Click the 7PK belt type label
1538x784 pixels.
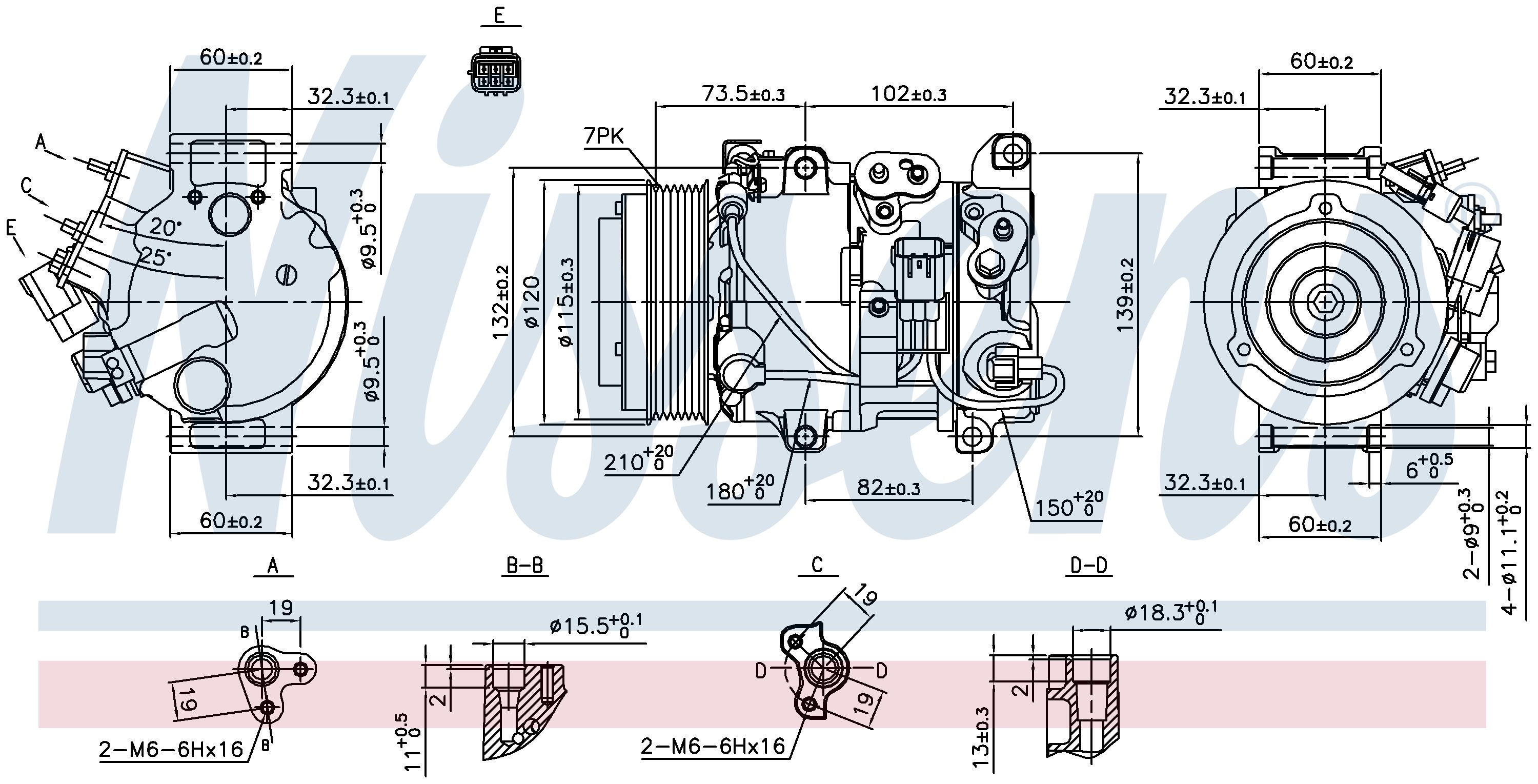pyautogui.click(x=603, y=137)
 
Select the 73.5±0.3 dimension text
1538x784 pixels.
pyautogui.click(x=743, y=94)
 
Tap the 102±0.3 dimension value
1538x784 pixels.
pyautogui.click(x=908, y=94)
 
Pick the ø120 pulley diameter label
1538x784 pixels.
pyautogui.click(x=531, y=301)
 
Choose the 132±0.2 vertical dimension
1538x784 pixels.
pyautogui.click(x=500, y=301)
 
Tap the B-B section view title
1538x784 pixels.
pyautogui.click(x=524, y=565)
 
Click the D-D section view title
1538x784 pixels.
pyautogui.click(x=1089, y=565)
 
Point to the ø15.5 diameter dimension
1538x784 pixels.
pyautogui.click(x=596, y=625)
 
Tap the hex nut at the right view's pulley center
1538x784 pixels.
pyautogui.click(x=1325, y=302)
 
